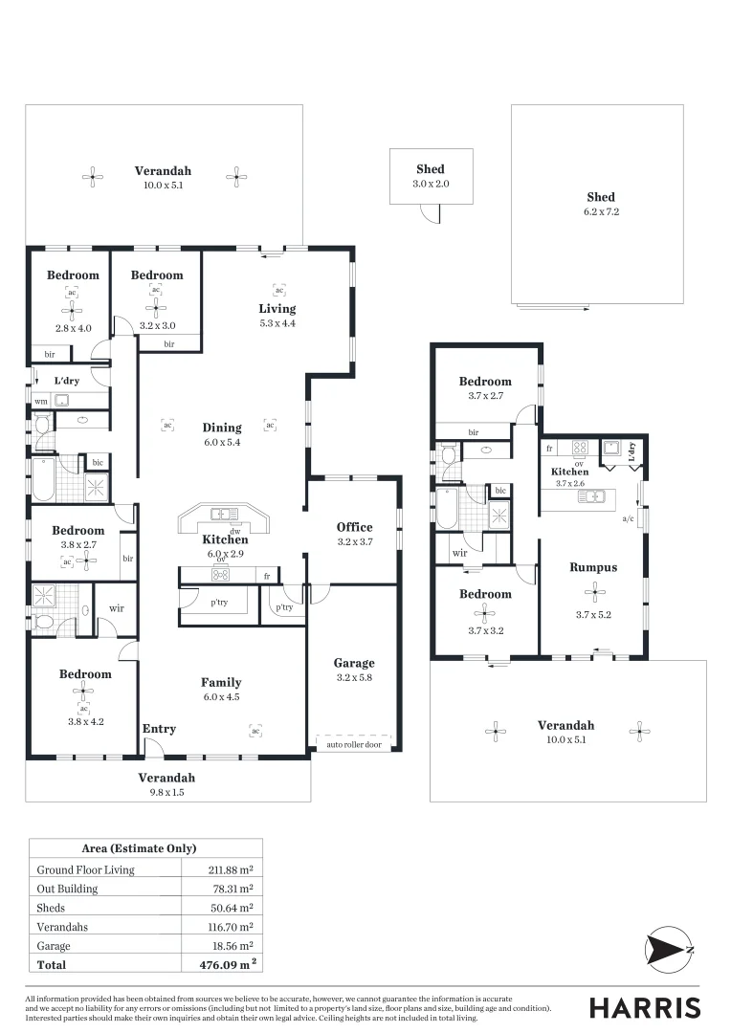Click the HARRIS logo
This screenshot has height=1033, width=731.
point(644,1007)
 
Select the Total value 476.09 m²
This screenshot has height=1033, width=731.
point(227,964)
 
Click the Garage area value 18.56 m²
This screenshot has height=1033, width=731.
point(227,945)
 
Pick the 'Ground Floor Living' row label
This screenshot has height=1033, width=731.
point(85,869)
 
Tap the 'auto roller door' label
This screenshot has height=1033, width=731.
point(353,744)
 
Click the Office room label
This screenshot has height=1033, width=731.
point(354,527)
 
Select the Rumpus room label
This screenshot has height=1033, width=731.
point(593,567)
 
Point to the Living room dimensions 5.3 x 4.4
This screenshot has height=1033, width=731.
point(277,323)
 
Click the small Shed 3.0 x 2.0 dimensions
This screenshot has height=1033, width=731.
point(431,183)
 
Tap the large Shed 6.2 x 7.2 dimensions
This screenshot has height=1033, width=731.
point(601,211)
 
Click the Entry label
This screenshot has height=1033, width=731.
point(159,729)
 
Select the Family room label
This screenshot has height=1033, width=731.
point(221,682)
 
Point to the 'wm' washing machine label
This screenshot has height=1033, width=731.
point(40,402)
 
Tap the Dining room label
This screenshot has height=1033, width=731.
point(222,428)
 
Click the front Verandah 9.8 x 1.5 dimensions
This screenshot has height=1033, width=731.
point(166,792)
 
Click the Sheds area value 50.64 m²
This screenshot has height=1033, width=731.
point(227,908)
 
